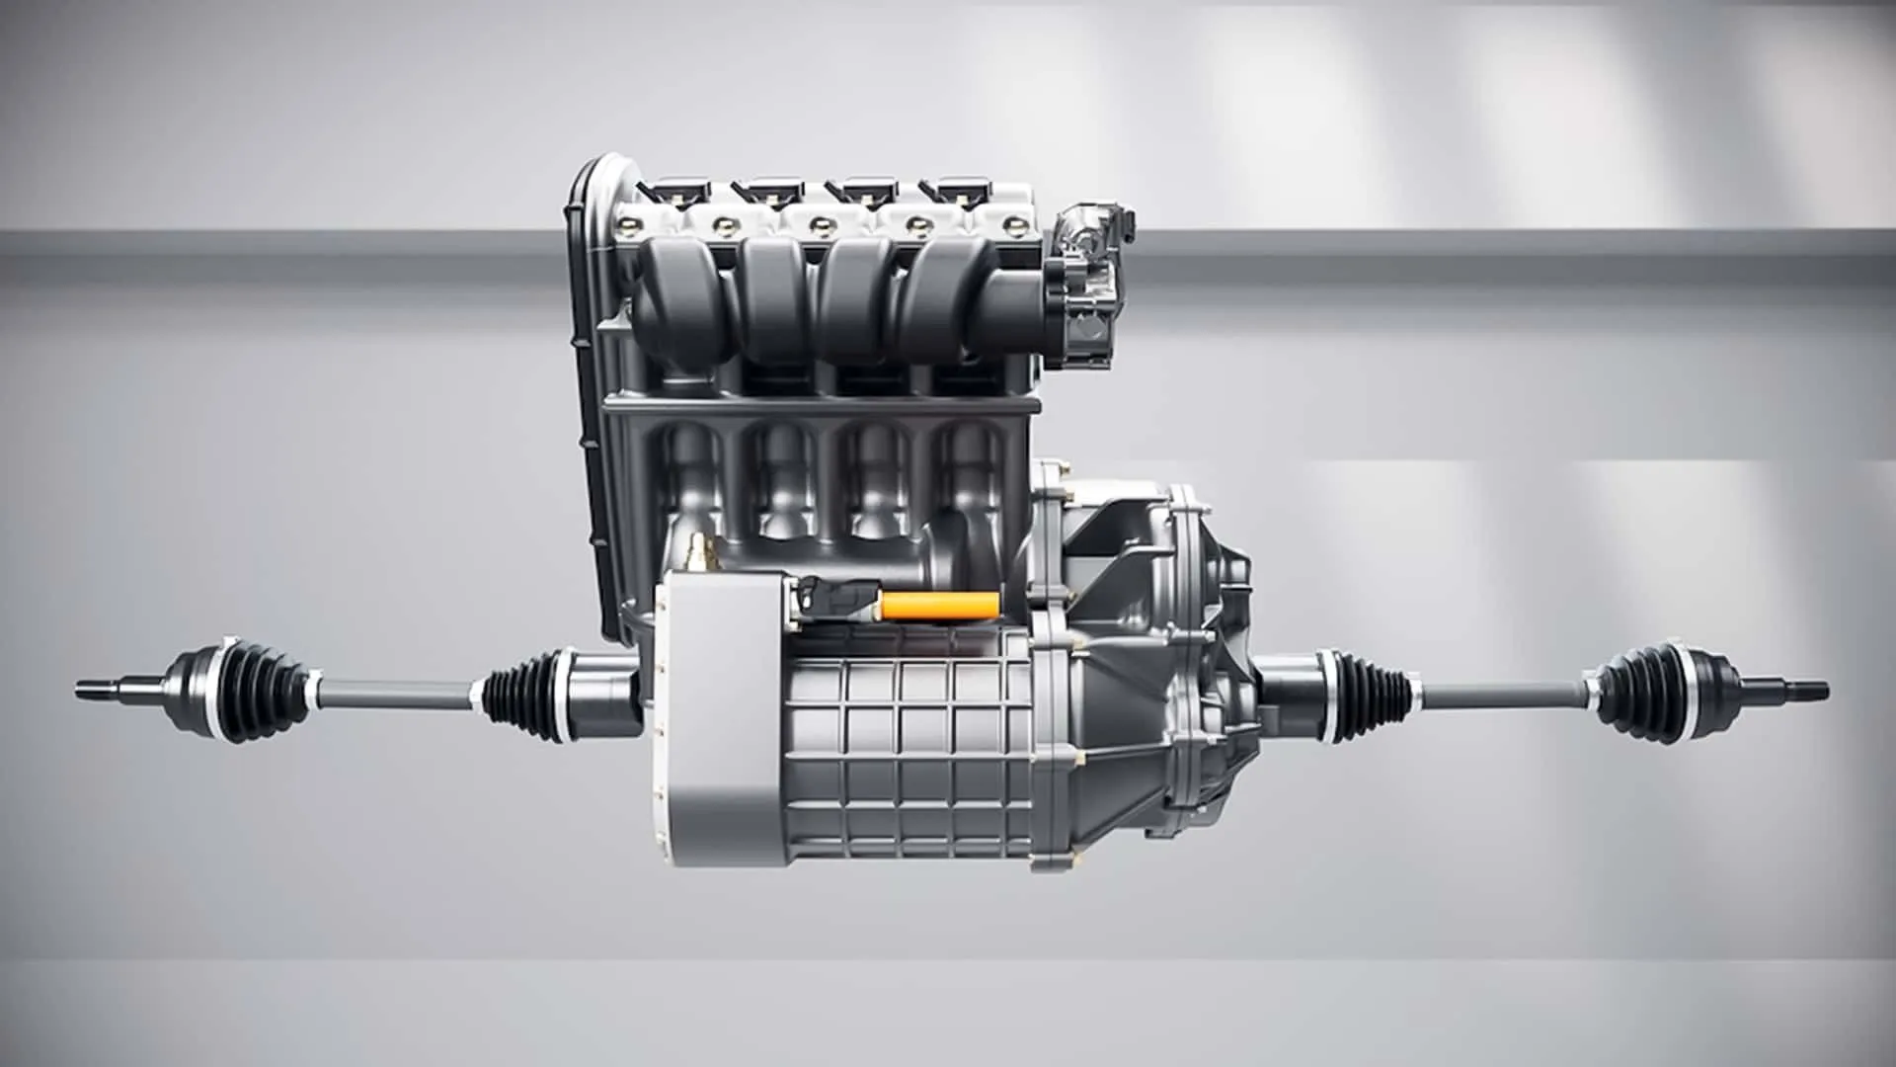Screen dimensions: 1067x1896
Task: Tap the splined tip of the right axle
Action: tap(1802, 691)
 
